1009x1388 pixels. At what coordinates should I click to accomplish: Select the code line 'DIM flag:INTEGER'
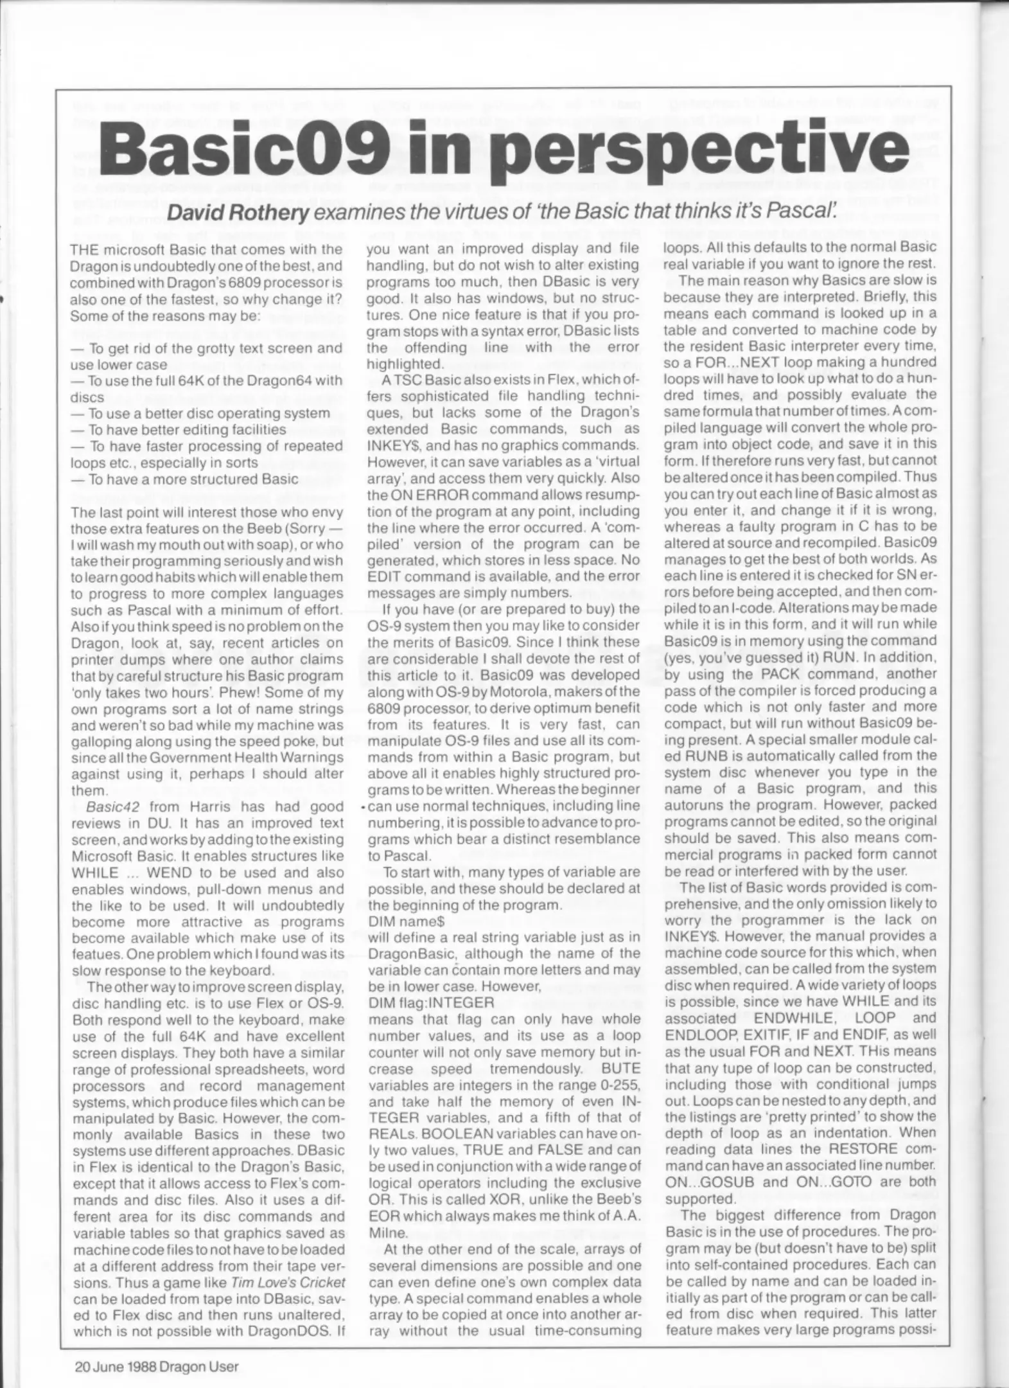coord(431,1002)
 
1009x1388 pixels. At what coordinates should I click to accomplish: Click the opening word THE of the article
coord(88,249)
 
